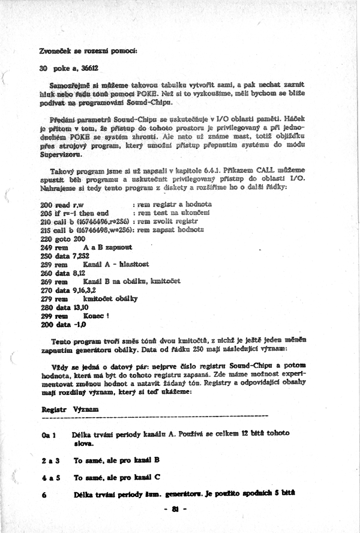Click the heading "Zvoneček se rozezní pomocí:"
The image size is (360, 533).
coord(88,50)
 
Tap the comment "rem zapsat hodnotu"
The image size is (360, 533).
coord(173,230)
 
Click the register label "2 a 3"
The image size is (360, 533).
coord(50,461)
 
